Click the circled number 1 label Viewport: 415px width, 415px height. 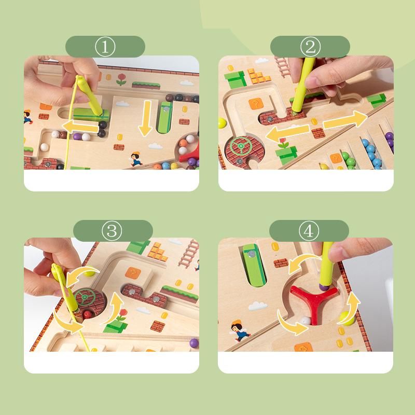(105, 47)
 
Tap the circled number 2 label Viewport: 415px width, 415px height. (310, 47)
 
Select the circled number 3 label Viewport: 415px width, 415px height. (113, 230)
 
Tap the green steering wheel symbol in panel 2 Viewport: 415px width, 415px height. (242, 147)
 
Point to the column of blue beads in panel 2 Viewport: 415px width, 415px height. (370, 150)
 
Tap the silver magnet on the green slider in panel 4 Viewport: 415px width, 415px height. (251, 253)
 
